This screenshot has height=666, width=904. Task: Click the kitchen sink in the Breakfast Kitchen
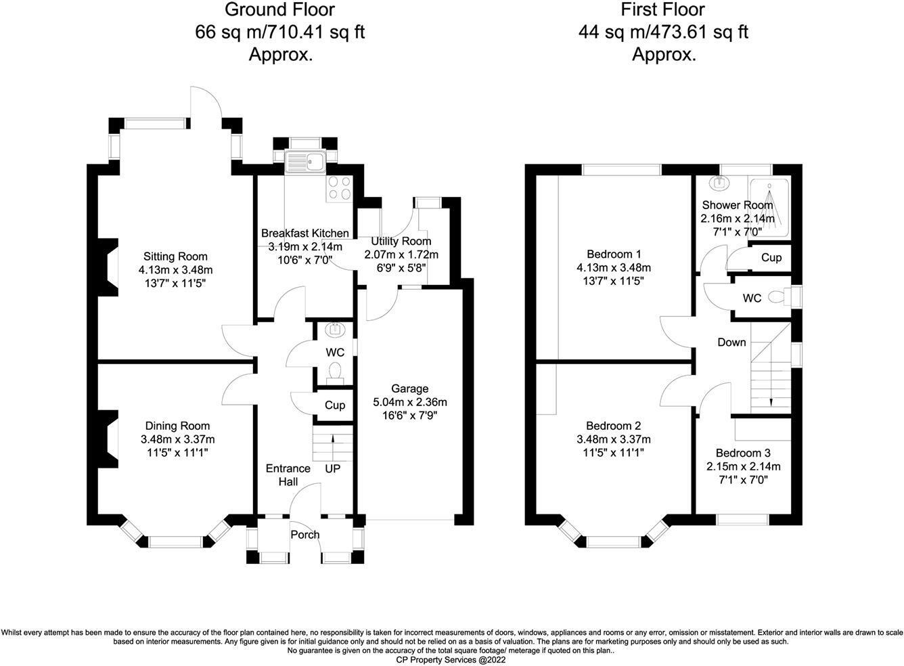[305, 162]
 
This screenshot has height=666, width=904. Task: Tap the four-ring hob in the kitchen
[338, 189]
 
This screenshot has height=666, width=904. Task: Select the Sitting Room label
[175, 257]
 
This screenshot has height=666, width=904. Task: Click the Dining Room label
[177, 426]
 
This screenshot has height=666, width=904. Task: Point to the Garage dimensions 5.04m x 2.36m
[409, 402]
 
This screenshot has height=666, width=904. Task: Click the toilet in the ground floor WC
[334, 371]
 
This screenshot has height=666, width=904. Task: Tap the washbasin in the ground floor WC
[334, 330]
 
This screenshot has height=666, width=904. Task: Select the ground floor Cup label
[335, 405]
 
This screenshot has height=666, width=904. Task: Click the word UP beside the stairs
[333, 468]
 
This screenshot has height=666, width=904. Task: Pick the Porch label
[305, 535]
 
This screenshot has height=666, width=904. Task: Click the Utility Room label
[401, 242]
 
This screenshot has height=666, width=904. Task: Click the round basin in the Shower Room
[719, 183]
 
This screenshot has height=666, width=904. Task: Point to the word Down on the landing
[731, 342]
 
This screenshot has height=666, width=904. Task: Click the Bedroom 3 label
[743, 453]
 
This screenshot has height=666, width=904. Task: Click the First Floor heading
[663, 9]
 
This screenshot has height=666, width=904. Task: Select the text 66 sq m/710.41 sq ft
[280, 32]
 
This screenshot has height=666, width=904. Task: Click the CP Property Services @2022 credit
[451, 659]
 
